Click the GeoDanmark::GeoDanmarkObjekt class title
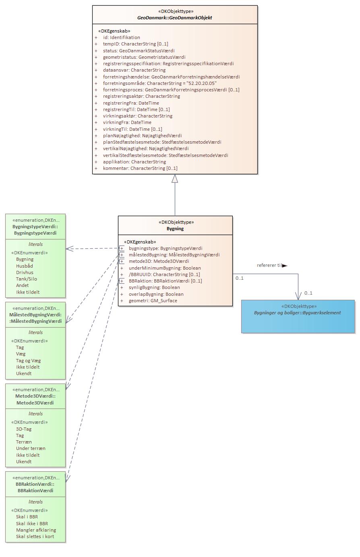coord(175,18)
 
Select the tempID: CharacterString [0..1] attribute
coord(135,44)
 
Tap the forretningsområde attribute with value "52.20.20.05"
coord(159,83)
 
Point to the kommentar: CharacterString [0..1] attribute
coord(140,168)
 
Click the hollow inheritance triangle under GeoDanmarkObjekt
coord(175,179)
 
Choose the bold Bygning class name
coord(175,229)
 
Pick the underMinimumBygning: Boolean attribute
coord(165,268)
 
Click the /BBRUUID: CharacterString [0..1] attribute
coord(164,274)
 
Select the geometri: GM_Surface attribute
coord(153,301)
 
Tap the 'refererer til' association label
coord(269,266)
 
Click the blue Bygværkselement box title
coord(297,313)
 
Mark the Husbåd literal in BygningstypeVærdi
coord(25,266)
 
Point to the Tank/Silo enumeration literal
coord(27,279)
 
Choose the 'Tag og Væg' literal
coord(28,361)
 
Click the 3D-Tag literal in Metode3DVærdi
coord(24,429)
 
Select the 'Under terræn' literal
coord(31,448)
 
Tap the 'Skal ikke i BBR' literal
coord(32,524)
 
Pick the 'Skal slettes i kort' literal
coord(35,536)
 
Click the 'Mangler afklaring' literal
coord(36,530)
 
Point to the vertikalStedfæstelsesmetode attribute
coord(166,155)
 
